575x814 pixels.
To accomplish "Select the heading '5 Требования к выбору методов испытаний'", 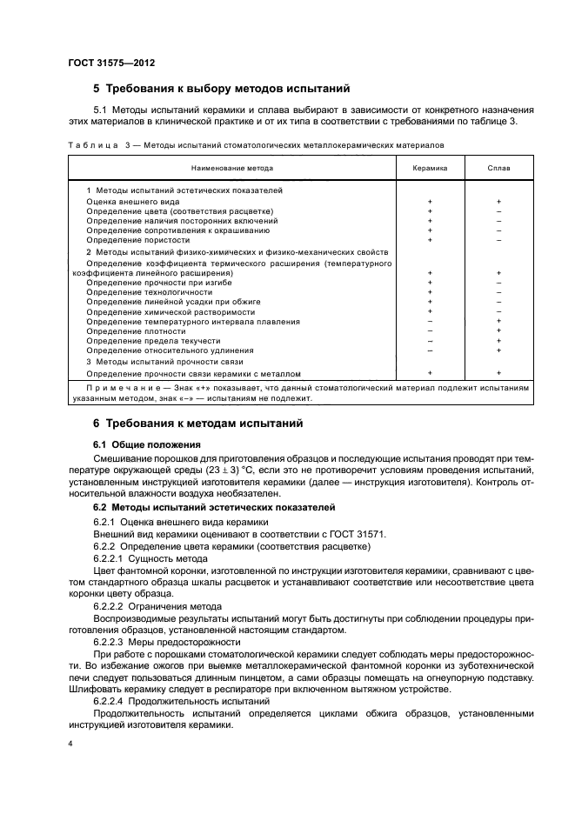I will pos(221,89).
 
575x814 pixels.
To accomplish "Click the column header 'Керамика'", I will pos(430,169).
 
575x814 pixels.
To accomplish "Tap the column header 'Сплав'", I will pos(498,169).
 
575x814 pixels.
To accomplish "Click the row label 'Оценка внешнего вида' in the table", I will pos(133,201).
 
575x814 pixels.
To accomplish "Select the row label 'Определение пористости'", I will pos(137,239).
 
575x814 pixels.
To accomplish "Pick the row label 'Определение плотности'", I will pos(136,331).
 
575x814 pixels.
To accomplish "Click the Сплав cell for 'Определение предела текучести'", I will pos(498,341).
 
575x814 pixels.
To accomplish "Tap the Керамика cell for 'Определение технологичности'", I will pos(430,292).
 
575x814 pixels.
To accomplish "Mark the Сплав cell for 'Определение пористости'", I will pos(498,239).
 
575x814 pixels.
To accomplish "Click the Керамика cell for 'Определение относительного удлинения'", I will pos(430,350).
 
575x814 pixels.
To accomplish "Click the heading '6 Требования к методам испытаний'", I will pos(197,424).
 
